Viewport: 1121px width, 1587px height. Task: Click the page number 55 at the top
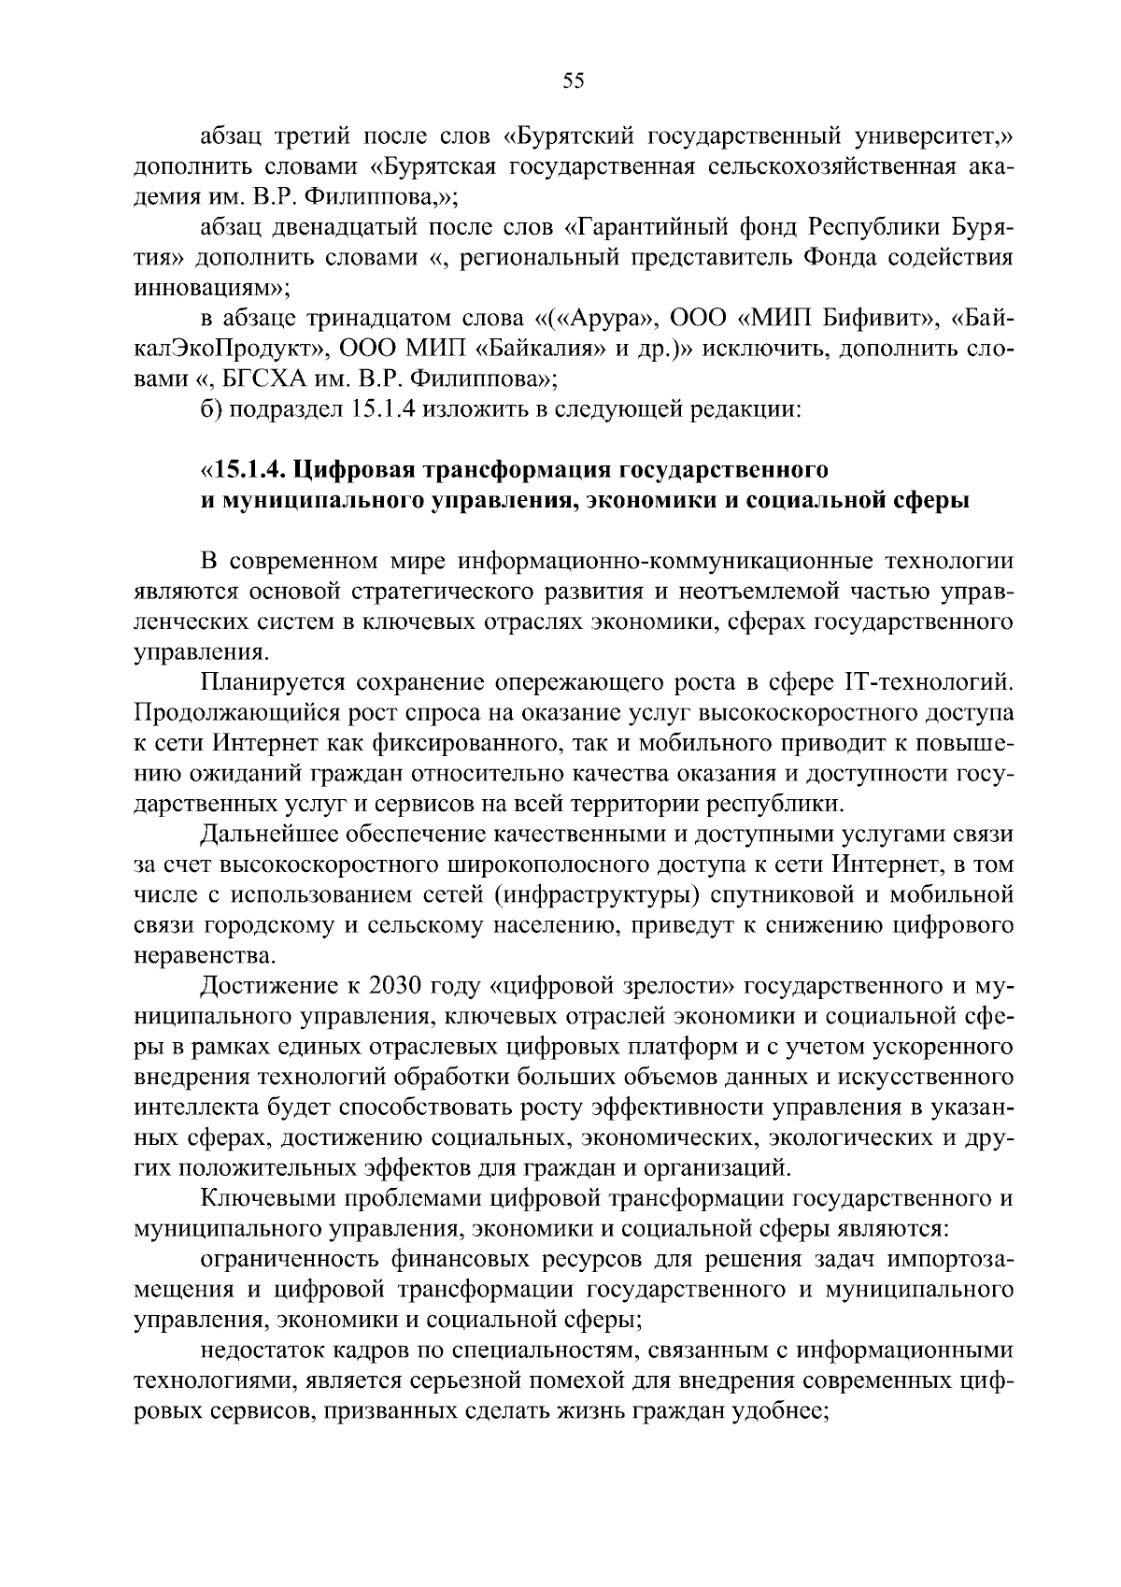(x=573, y=81)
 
